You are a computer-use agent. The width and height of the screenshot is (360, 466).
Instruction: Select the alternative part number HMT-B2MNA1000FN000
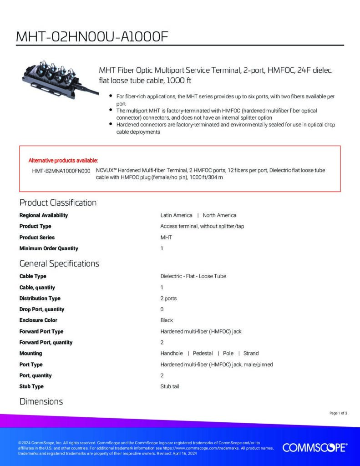tap(61, 170)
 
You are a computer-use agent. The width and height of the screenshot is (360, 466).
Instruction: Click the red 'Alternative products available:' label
tap(63, 160)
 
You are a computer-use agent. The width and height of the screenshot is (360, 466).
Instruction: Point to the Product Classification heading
tap(58, 203)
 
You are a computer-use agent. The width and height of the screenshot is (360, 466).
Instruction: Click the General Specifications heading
tap(59, 263)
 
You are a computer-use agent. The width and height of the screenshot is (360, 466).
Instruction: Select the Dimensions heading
tap(41, 401)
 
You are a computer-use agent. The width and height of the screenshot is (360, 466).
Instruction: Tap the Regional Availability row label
tap(43, 215)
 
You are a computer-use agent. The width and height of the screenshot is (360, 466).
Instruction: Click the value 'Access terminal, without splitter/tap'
tap(202, 226)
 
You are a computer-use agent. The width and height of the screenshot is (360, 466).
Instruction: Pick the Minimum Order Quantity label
tap(49, 248)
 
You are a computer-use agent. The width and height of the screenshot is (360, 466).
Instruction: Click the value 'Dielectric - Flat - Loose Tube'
tap(193, 276)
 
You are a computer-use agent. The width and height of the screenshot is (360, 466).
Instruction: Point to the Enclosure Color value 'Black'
tap(167, 320)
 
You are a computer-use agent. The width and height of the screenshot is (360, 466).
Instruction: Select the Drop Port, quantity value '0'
tap(162, 309)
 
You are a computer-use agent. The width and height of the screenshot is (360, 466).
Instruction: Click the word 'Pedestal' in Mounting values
tap(203, 353)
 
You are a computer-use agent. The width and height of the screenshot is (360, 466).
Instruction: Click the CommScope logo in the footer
tap(315, 447)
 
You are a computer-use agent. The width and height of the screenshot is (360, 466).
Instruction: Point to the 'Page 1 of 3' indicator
tap(338, 413)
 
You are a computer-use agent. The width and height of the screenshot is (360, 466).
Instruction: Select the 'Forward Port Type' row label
tap(41, 331)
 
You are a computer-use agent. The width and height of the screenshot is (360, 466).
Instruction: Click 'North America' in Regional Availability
tap(219, 215)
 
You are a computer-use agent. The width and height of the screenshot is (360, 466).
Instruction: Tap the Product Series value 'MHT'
tap(166, 238)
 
